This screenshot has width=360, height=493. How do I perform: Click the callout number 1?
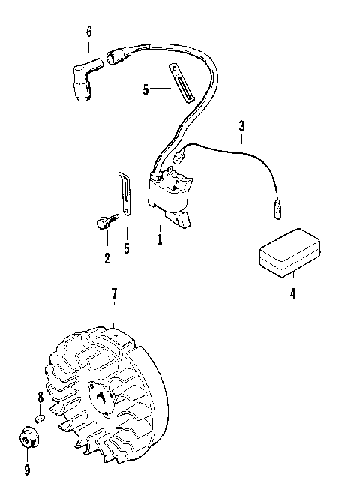point(160,241)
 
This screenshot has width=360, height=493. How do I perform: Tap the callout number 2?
point(106,259)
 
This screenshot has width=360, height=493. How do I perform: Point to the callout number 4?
point(292,293)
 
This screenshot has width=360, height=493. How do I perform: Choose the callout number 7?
point(114,296)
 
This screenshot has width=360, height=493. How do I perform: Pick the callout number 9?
point(27,470)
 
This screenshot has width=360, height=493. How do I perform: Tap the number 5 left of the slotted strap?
point(146,89)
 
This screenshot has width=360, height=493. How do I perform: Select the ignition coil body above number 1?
point(171,197)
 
